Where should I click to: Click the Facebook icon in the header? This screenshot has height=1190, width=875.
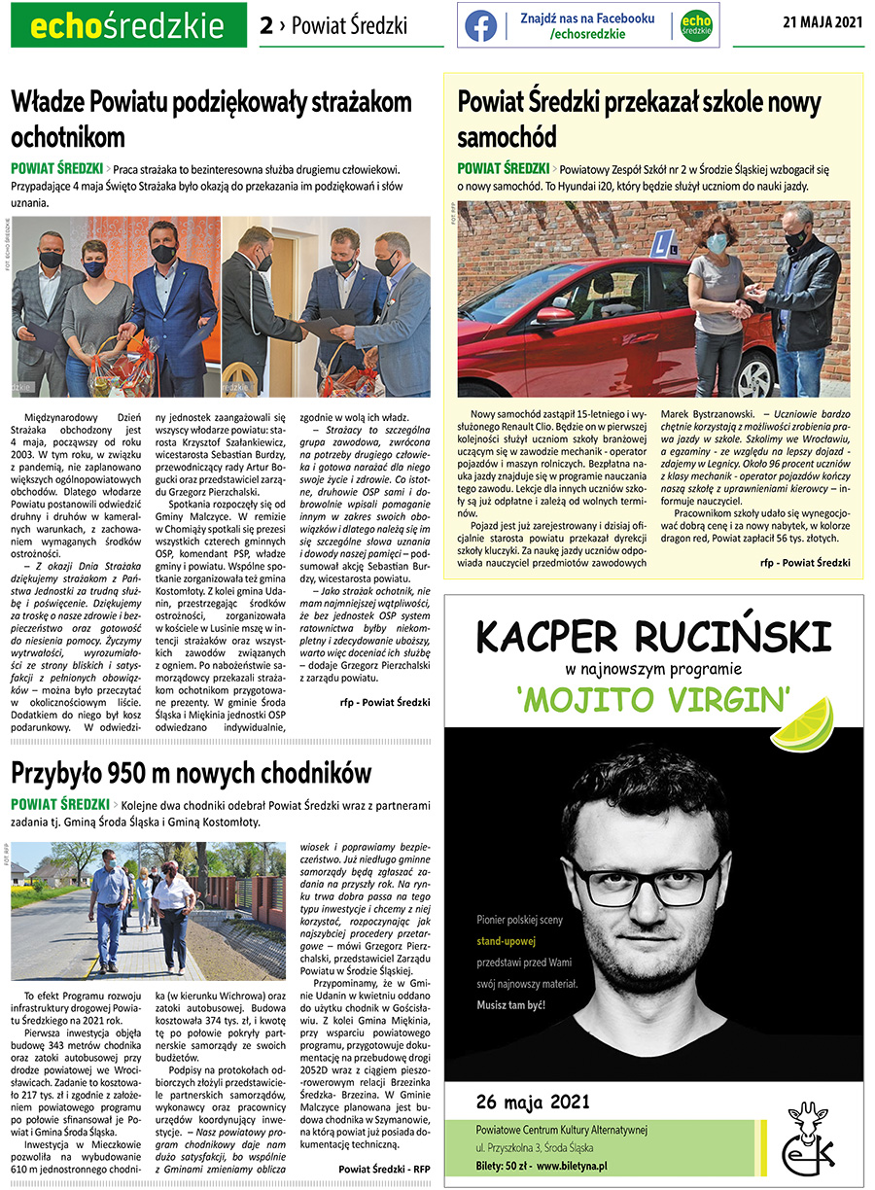(x=480, y=25)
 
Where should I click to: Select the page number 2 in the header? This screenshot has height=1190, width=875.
(x=266, y=26)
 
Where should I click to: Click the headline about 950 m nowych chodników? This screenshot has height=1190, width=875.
(x=192, y=773)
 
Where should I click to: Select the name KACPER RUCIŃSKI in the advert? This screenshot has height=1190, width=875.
(x=653, y=638)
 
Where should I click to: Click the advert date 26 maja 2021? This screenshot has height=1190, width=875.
(x=533, y=1101)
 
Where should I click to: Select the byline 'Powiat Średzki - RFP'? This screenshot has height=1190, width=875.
(x=384, y=1168)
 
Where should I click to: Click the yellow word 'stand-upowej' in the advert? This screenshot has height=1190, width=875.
(x=507, y=941)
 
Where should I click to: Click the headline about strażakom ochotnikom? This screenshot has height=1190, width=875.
(x=211, y=119)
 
